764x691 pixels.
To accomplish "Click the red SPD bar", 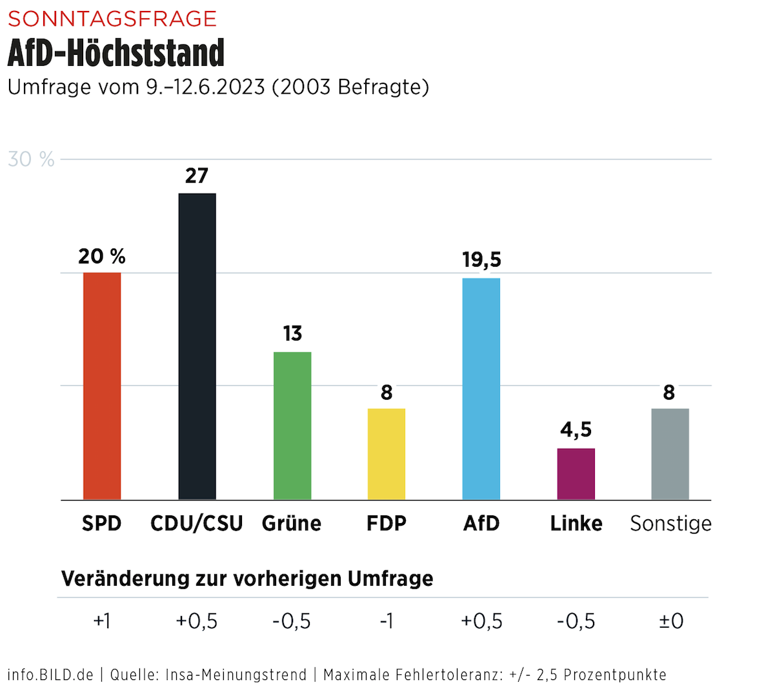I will click(x=102, y=386).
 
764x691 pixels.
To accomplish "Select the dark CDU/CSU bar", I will click(x=197, y=346).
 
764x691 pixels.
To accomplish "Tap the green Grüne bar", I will click(x=292, y=426).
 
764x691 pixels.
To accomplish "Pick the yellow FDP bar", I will click(x=387, y=454).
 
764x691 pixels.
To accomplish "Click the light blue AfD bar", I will click(x=481, y=389).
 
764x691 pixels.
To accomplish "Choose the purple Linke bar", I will click(x=576, y=474).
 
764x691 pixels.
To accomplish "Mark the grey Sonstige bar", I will click(x=670, y=454).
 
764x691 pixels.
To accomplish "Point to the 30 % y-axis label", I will click(x=31, y=160).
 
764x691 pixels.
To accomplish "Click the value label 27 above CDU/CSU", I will click(x=197, y=176).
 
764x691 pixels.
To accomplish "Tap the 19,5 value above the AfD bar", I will click(x=481, y=260).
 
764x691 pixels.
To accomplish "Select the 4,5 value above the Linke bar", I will click(x=576, y=429).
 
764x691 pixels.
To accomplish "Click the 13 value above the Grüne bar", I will click(x=292, y=333).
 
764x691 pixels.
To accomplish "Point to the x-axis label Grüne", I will click(x=292, y=523).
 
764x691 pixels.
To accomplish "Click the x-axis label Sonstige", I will click(x=670, y=523).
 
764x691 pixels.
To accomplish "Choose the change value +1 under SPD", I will click(x=102, y=621).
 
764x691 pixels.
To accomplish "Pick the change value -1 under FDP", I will click(x=387, y=621).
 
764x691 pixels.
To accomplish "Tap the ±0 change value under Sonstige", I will click(x=671, y=621).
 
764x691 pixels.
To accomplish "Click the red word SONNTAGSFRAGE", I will click(x=112, y=19).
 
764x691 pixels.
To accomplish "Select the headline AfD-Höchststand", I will click(x=116, y=53).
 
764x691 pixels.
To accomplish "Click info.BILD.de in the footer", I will click(x=50, y=675).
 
